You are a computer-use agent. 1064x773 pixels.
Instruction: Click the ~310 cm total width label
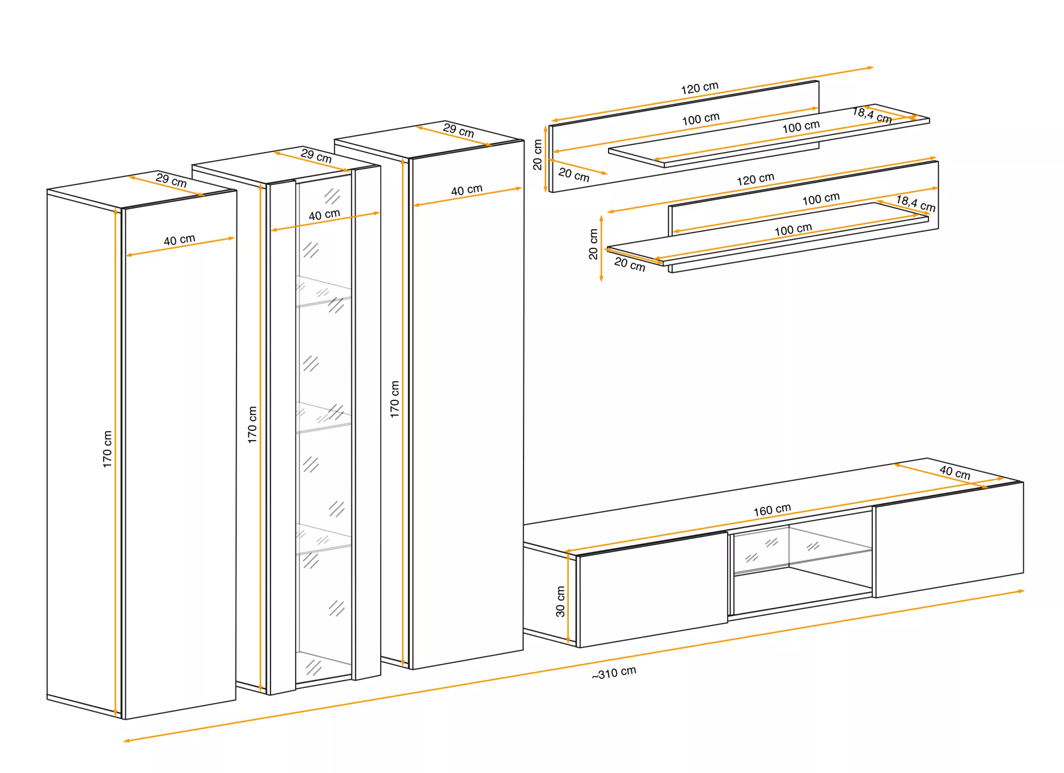click(614, 673)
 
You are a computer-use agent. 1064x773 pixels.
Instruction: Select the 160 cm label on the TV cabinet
click(772, 510)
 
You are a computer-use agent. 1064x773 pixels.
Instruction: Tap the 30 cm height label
click(561, 601)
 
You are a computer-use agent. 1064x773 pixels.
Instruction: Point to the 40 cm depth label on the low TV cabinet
click(955, 472)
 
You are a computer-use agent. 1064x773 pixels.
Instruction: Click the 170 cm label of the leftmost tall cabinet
click(107, 449)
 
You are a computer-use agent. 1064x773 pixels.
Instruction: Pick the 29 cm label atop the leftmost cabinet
click(171, 180)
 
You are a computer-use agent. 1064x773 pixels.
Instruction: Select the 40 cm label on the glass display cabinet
click(324, 214)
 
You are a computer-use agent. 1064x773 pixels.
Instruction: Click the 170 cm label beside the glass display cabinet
click(252, 425)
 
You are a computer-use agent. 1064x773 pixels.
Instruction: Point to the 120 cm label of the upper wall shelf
click(699, 88)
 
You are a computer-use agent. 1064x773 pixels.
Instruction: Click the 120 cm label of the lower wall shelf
click(755, 179)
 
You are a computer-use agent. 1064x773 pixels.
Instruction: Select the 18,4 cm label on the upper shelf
click(872, 115)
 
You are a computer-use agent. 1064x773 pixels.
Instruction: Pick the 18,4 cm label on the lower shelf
click(916, 203)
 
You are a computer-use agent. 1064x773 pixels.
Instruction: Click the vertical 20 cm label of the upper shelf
click(537, 155)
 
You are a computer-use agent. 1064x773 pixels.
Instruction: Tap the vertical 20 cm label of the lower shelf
click(593, 244)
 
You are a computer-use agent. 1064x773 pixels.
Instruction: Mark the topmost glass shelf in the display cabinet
click(324, 292)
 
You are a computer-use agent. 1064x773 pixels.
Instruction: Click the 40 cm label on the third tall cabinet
click(467, 190)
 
